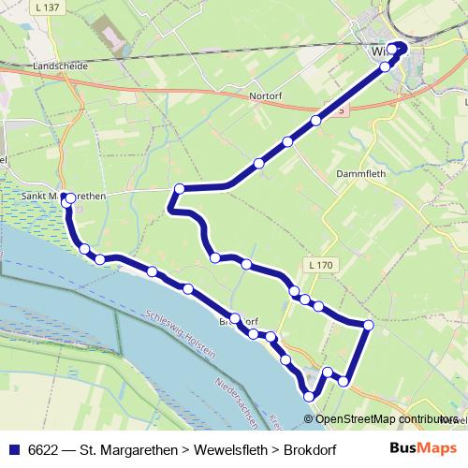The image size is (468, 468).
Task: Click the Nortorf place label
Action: coord(266,95)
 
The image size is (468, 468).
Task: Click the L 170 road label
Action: coord(319,266)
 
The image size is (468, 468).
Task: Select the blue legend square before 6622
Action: coord(10,449)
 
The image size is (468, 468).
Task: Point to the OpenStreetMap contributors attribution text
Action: coord(386,420)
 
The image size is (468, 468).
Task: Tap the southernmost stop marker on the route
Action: coord(310,397)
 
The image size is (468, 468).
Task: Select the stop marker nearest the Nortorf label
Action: coord(287,141)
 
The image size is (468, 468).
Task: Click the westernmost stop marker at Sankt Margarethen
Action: coord(66,198)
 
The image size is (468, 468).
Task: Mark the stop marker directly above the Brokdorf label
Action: coord(235,317)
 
